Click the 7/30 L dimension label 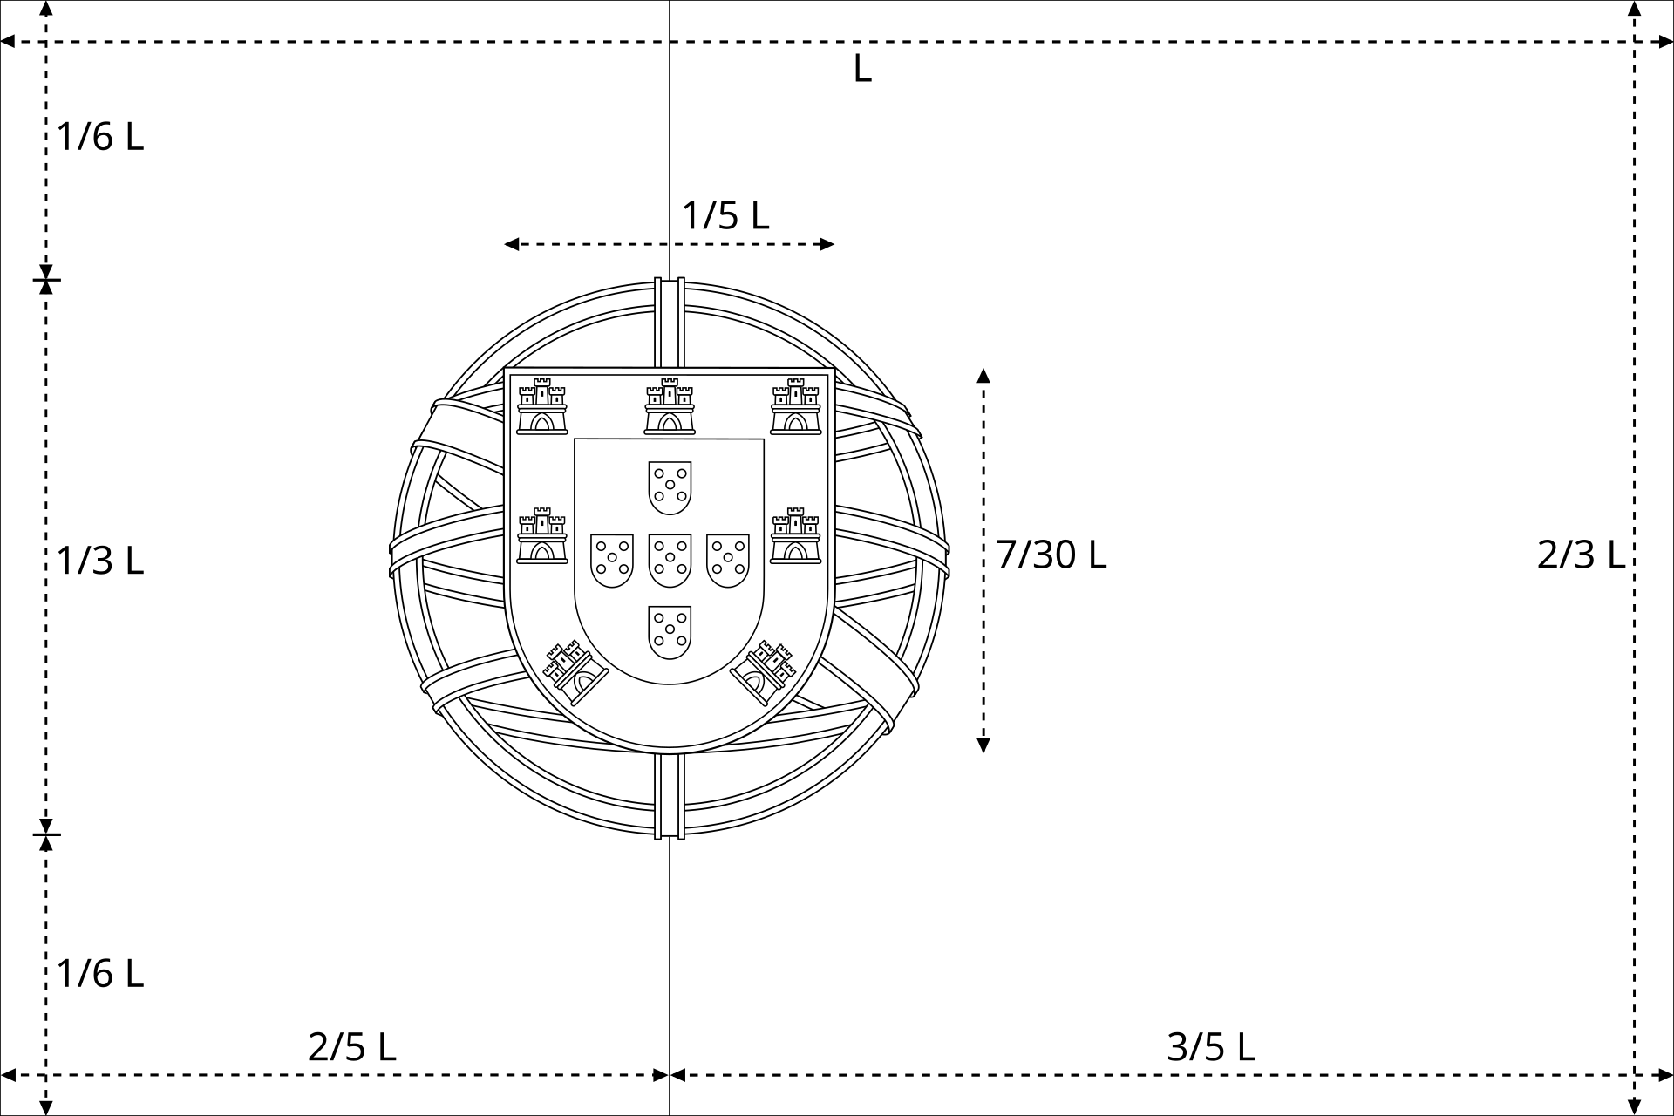pyautogui.click(x=1051, y=555)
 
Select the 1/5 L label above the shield pyautogui.click(x=725, y=215)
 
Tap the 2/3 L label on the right pyautogui.click(x=1581, y=555)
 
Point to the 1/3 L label pyautogui.click(x=100, y=561)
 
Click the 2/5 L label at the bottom pyautogui.click(x=352, y=1046)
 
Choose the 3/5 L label pyautogui.click(x=1211, y=1046)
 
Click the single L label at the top pyautogui.click(x=862, y=68)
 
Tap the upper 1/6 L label pyautogui.click(x=100, y=137)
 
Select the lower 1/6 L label pyautogui.click(x=100, y=973)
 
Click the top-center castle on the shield pyautogui.click(x=670, y=406)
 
